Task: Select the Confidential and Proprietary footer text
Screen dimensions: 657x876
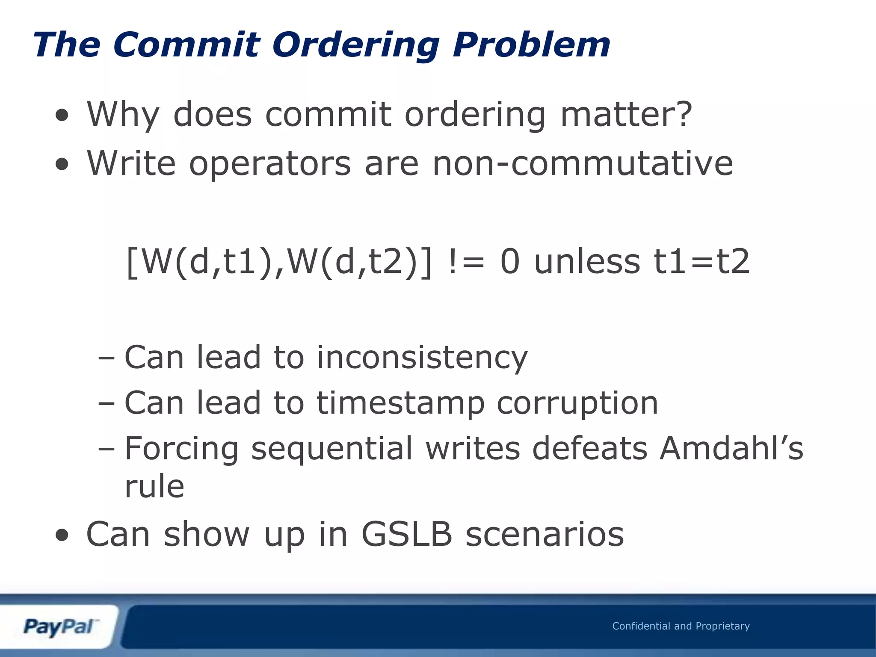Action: pyautogui.click(x=681, y=626)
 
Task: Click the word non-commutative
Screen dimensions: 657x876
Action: pyautogui.click(x=583, y=163)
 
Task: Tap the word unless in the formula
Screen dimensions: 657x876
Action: pyautogui.click(x=587, y=262)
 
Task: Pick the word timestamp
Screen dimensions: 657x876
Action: pyautogui.click(x=400, y=403)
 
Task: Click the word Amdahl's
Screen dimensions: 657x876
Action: pyautogui.click(x=731, y=448)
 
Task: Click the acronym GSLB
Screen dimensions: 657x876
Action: pyautogui.click(x=407, y=534)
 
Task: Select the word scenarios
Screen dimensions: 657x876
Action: pyautogui.click(x=545, y=534)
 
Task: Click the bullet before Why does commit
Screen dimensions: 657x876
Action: pyautogui.click(x=62, y=115)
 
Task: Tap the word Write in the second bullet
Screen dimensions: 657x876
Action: pyautogui.click(x=131, y=163)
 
